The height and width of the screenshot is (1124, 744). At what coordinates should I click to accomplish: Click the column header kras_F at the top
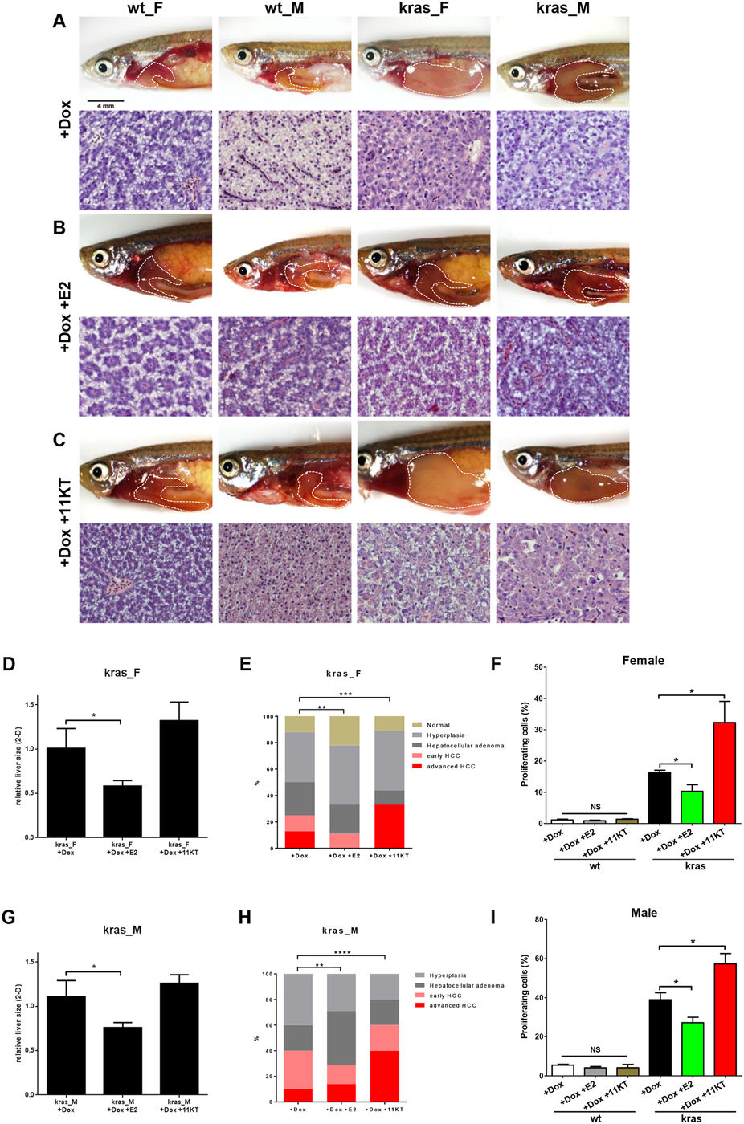(x=423, y=9)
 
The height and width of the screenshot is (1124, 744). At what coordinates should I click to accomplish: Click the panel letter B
(x=59, y=227)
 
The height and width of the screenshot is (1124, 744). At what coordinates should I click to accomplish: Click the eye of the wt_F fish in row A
(x=102, y=67)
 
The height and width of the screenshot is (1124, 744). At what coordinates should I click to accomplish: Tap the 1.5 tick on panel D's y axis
(x=30, y=704)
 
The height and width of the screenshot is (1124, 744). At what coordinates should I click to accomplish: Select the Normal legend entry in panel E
(x=438, y=725)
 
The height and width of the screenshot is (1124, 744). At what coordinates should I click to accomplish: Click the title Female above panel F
(x=643, y=660)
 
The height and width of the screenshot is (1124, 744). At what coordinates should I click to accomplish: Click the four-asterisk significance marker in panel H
(x=341, y=953)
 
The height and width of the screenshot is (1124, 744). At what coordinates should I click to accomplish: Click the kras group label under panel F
(x=694, y=865)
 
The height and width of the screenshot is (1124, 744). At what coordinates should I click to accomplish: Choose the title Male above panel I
(x=644, y=913)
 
